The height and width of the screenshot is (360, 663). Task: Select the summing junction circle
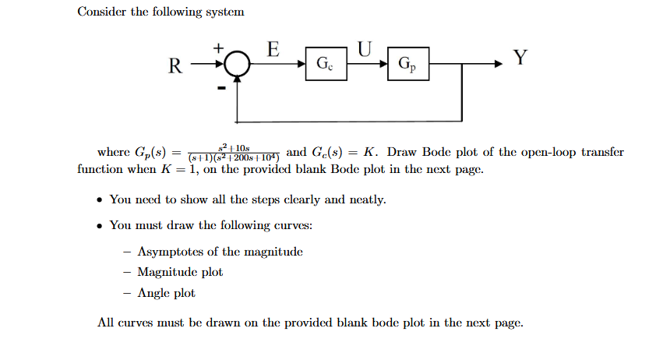click(238, 63)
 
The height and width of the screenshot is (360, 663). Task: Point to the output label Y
click(520, 58)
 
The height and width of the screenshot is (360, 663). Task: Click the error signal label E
click(273, 48)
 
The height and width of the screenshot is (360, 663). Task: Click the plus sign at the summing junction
click(220, 48)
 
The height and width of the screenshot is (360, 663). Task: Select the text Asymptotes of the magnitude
click(220, 252)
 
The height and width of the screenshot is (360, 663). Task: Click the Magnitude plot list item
click(180, 272)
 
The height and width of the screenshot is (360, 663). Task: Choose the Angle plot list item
click(166, 293)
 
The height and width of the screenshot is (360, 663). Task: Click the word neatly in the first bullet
click(368, 199)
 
